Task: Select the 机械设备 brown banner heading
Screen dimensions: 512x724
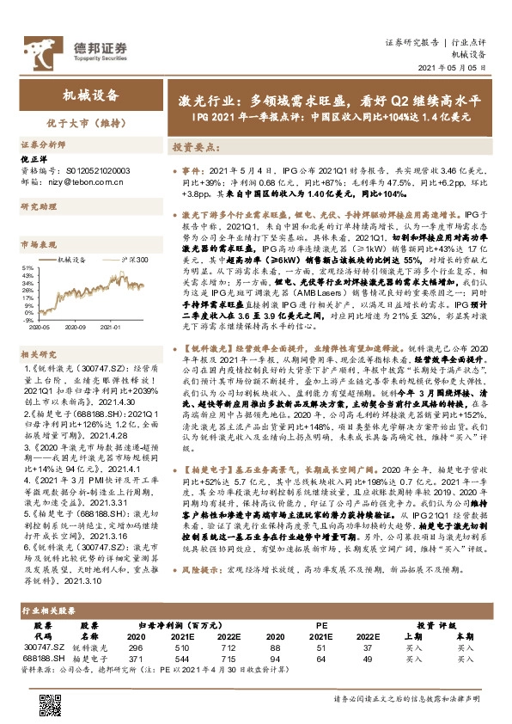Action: click(92, 96)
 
